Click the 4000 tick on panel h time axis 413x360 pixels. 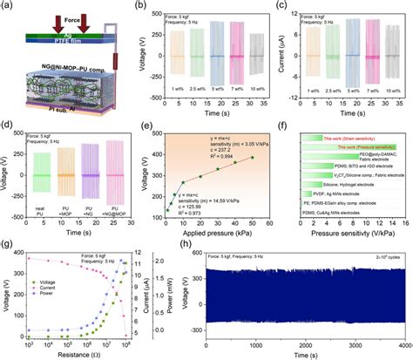click(396, 343)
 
